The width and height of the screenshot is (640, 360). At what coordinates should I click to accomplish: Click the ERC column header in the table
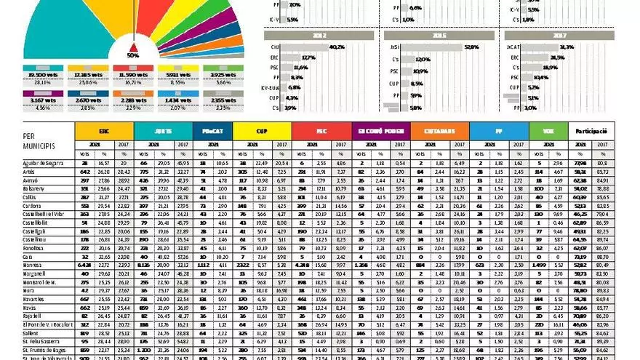(x=104, y=132)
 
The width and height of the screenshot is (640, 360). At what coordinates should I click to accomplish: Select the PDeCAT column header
(x=214, y=132)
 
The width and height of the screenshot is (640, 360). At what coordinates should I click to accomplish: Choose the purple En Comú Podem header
(x=380, y=132)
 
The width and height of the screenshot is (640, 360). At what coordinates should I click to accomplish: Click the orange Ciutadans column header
(x=439, y=132)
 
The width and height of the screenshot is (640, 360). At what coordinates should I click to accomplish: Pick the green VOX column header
(x=551, y=132)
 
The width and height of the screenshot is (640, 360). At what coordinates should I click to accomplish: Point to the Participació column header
(x=591, y=132)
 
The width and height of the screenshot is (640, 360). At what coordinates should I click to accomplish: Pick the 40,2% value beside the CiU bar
(x=336, y=47)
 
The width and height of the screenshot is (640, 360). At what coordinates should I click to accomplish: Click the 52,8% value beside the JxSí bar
(x=472, y=47)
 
